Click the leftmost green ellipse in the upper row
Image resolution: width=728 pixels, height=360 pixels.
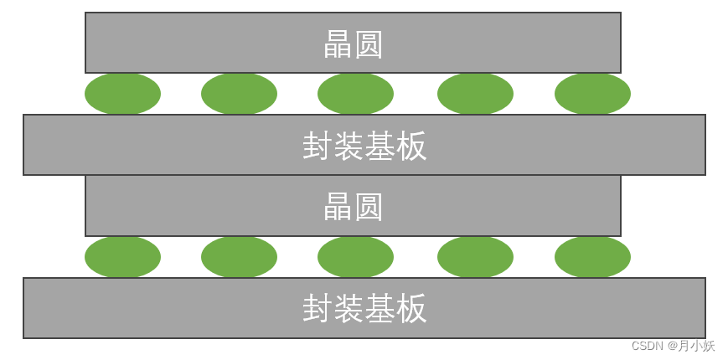(x=122, y=94)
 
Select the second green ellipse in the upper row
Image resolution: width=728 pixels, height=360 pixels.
(x=239, y=94)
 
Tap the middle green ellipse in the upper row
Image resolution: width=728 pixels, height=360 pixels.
(x=355, y=94)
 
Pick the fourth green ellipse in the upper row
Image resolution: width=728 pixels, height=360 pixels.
(x=475, y=94)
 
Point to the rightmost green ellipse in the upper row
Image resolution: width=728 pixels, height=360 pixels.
(x=592, y=94)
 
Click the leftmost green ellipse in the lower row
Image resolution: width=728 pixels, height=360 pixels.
(x=122, y=257)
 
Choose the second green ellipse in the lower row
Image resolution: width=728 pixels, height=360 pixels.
(x=239, y=257)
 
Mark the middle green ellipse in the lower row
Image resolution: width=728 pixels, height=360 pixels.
(x=355, y=257)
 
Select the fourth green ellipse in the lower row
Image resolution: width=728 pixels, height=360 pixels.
(x=475, y=257)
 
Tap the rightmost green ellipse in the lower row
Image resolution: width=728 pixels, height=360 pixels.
(x=592, y=257)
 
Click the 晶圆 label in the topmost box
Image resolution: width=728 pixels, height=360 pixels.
(x=353, y=44)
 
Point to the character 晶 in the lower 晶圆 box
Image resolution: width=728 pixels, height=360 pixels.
(x=338, y=208)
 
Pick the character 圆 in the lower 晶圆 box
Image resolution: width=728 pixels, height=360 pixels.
(x=369, y=208)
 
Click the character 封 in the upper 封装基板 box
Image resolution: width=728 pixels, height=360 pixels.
(x=318, y=147)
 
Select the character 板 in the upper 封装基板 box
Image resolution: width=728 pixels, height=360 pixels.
(x=412, y=147)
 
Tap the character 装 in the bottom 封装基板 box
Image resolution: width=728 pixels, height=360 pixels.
(x=349, y=309)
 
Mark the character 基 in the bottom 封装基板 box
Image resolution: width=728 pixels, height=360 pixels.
(x=381, y=309)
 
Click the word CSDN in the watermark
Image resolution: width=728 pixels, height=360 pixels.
(x=647, y=346)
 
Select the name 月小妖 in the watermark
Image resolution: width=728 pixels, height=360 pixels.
(x=696, y=346)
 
